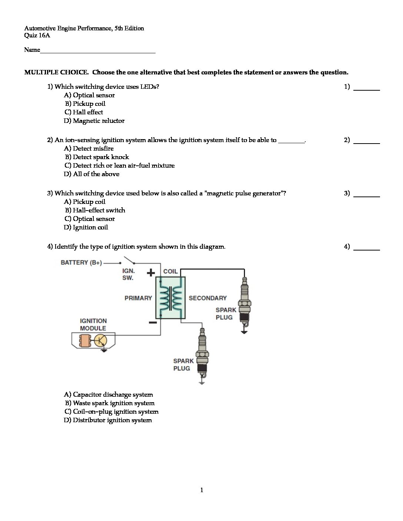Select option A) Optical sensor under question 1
coord(89,95)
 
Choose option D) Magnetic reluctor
coord(94,121)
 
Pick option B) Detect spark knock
coord(97,157)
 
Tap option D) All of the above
coord(91,174)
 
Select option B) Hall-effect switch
coord(95,211)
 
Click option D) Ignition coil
coord(86,228)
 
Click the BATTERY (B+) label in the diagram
coord(81,263)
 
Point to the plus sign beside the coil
coord(151,273)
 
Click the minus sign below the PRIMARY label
coord(152,323)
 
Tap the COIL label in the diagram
coord(170,272)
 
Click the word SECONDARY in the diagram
coord(207,298)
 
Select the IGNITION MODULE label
coord(93,325)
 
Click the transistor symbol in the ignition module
coord(100,341)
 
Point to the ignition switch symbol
coord(129,260)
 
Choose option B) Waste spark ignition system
coord(110,403)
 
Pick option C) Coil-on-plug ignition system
coord(111,412)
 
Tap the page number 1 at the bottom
coord(201,490)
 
